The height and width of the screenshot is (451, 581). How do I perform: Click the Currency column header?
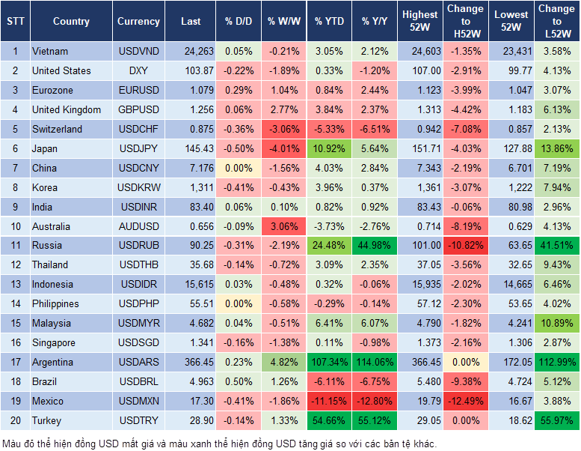[138, 22]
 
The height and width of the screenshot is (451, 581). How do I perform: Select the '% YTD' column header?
[328, 22]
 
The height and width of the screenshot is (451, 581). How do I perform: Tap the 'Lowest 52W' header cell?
[511, 21]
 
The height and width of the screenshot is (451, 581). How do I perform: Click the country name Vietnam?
[50, 51]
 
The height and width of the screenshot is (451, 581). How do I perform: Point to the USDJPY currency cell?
[138, 148]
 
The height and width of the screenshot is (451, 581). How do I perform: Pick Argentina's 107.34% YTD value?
[328, 362]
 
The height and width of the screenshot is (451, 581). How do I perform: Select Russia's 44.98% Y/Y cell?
[375, 245]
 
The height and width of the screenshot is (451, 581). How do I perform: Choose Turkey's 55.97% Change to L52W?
[556, 420]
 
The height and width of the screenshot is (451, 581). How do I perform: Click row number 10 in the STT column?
[15, 226]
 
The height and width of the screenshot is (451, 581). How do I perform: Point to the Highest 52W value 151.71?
[419, 148]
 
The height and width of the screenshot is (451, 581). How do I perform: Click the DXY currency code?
[138, 70]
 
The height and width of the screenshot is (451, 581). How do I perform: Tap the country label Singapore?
[54, 342]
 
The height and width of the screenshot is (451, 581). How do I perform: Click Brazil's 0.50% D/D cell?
[238, 381]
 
